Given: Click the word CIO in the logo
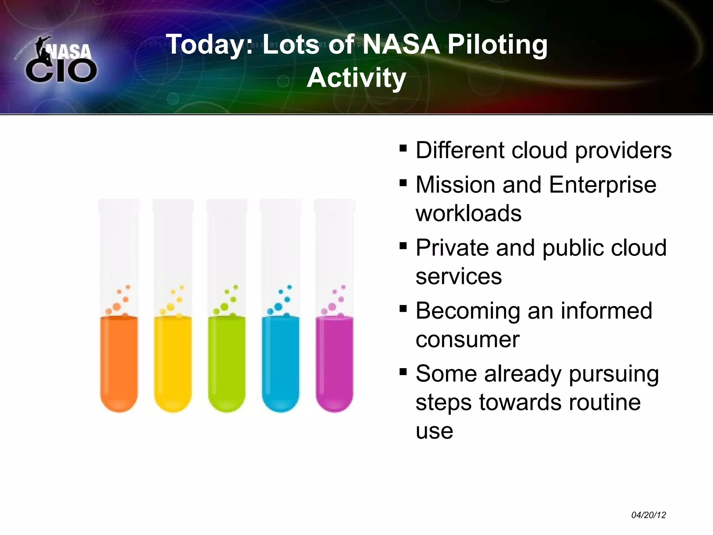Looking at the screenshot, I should pyautogui.click(x=61, y=71).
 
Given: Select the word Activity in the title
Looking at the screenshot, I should pyautogui.click(x=356, y=78).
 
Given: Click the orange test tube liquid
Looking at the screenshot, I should pyautogui.click(x=119, y=362).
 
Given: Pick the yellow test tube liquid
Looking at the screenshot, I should pyautogui.click(x=173, y=362).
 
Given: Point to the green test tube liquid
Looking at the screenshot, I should pyautogui.click(x=227, y=362).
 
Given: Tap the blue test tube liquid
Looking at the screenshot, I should pyautogui.click(x=280, y=362).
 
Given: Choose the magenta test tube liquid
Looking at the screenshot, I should pyautogui.click(x=334, y=362).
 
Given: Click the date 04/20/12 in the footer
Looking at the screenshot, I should pyautogui.click(x=649, y=515).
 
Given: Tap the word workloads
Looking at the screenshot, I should pyautogui.click(x=468, y=213).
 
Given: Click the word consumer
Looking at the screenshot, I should pyautogui.click(x=467, y=340).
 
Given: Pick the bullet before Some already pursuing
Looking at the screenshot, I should pyautogui.click(x=403, y=372).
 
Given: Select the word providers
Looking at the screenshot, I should pyautogui.click(x=623, y=150).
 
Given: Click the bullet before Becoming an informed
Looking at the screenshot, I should pyautogui.click(x=403, y=309).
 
